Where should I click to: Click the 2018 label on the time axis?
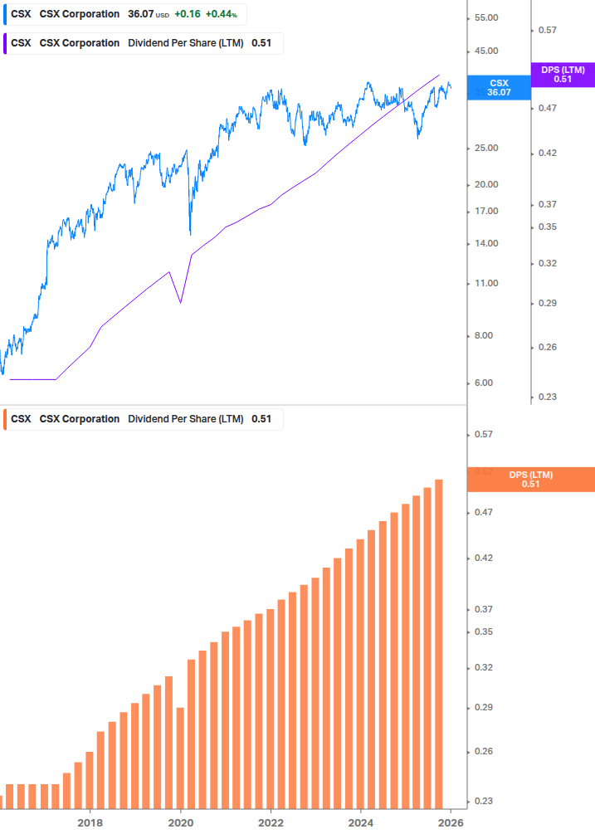pos(90,823)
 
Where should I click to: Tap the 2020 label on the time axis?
pos(180,823)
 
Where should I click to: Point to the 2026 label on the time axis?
pos(451,823)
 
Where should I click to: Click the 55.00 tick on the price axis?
pos(485,18)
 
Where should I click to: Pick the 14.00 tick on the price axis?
pos(485,243)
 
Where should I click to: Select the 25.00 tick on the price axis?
pos(485,148)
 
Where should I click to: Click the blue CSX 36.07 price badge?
pos(499,88)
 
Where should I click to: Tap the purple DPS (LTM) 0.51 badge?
pos(563,75)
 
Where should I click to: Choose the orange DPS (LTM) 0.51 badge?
pos(531,479)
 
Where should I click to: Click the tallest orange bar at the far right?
pos(439,643)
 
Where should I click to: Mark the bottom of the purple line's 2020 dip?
pos(181,302)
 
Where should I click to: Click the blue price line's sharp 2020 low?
pos(191,233)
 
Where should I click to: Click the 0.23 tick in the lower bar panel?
pos(483,801)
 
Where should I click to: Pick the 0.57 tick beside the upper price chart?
pos(547,30)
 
